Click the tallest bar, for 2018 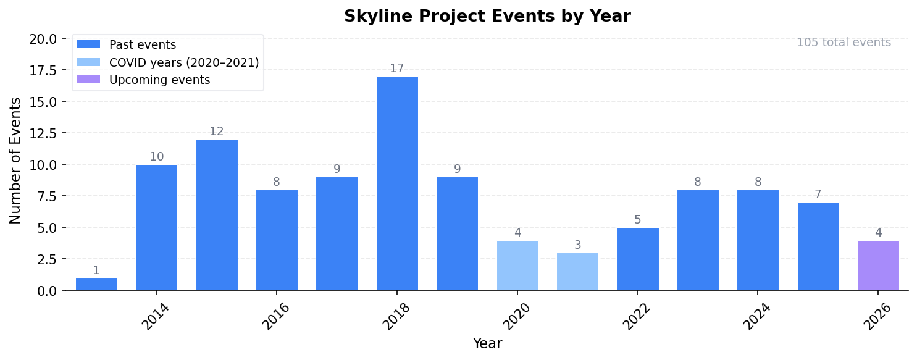tap(397, 183)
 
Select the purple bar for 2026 tap(878, 266)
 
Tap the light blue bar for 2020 tap(517, 266)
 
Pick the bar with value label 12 tap(217, 215)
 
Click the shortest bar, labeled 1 tap(96, 284)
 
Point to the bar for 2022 tap(638, 259)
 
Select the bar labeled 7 tap(818, 246)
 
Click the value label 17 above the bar tap(397, 69)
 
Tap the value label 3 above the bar tap(577, 245)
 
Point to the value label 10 tap(157, 157)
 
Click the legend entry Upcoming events tap(159, 80)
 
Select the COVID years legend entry tap(183, 62)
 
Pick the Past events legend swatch tap(88, 45)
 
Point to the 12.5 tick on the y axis tap(43, 133)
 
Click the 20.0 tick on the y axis tap(43, 39)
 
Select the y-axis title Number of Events tap(15, 161)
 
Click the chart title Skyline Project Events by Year tap(487, 17)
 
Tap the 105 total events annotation tap(844, 43)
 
